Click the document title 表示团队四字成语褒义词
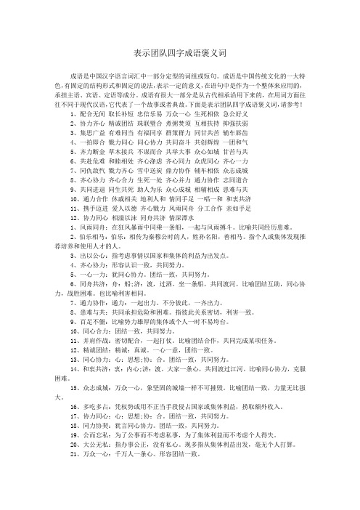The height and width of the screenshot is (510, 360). (x=180, y=54)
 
